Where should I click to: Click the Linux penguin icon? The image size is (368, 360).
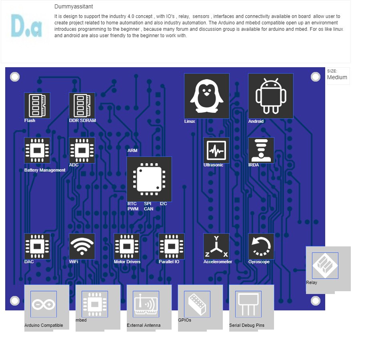(206, 96)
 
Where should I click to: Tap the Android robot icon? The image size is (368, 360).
(271, 96)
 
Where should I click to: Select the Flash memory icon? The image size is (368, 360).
(37, 105)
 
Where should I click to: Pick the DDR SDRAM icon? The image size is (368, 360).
(82, 105)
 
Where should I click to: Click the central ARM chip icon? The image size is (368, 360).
(149, 179)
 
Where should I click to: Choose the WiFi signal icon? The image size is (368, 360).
(82, 246)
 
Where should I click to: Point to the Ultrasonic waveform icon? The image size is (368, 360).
(216, 150)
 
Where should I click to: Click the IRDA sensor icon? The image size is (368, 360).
(261, 150)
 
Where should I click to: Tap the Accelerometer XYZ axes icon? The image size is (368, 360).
(216, 246)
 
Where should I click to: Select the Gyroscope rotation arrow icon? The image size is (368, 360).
(261, 246)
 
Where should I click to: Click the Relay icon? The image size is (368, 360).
(325, 266)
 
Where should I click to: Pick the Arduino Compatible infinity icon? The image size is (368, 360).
(44, 304)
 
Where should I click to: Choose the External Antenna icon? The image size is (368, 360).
(146, 304)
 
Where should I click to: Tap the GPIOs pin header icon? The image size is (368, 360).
(197, 304)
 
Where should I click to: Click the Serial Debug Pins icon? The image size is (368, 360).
(248, 304)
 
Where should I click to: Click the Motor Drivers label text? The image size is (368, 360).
(127, 262)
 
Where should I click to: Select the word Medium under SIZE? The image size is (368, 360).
(337, 77)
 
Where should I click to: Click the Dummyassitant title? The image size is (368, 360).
(74, 7)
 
